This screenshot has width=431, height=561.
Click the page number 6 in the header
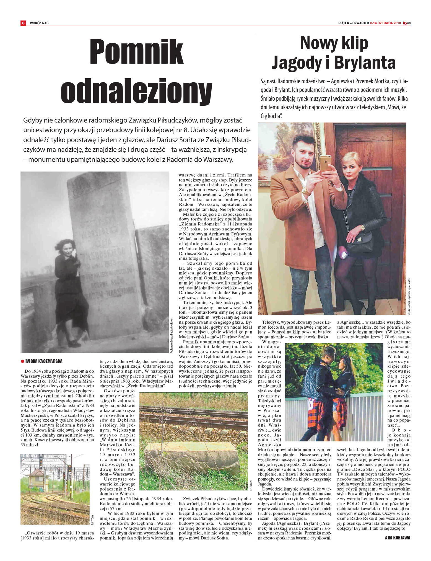coord(23,23)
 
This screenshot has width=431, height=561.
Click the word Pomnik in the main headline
coord(136,52)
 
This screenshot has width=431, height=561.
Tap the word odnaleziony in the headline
coord(136,89)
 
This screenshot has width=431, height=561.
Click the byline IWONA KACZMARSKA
coord(44,361)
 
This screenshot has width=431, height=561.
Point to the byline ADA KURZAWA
coord(398,538)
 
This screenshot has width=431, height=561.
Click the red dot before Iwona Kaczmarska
coord(22,361)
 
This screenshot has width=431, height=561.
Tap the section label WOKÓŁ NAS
coord(39,23)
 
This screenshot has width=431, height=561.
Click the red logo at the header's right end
coord(406,23)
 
